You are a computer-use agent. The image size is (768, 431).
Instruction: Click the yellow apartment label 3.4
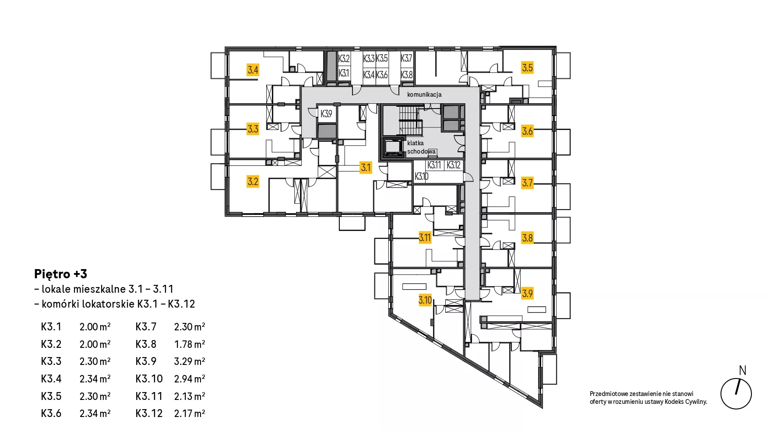coord(253,70)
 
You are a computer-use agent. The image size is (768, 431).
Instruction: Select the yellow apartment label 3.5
coord(527,67)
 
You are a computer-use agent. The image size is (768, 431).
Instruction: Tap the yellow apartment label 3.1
coord(366,167)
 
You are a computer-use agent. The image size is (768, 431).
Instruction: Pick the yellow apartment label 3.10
coord(425,300)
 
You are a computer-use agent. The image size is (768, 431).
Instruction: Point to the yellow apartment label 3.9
coord(527,293)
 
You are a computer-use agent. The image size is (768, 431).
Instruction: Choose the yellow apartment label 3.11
coord(425,238)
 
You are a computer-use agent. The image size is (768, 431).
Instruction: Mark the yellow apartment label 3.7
coord(527,182)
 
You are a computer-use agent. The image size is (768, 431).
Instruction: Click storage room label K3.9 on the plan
coord(326,114)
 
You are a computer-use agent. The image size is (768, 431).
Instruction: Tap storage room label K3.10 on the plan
coord(422,176)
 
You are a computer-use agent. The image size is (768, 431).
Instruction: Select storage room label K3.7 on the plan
coord(407,58)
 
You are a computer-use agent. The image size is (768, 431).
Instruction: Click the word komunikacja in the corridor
coord(424,95)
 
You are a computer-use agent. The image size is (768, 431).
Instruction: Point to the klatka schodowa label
coord(421,147)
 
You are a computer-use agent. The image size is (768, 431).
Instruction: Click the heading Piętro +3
coord(60,274)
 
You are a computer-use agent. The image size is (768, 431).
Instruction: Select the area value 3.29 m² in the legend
coord(190,361)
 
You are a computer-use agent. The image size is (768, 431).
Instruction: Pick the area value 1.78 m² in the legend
coord(190,344)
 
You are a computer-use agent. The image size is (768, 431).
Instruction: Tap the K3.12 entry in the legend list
coord(149,413)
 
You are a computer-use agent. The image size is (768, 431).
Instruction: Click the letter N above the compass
coord(743,371)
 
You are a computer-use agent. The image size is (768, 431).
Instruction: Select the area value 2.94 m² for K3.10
coord(190,379)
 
